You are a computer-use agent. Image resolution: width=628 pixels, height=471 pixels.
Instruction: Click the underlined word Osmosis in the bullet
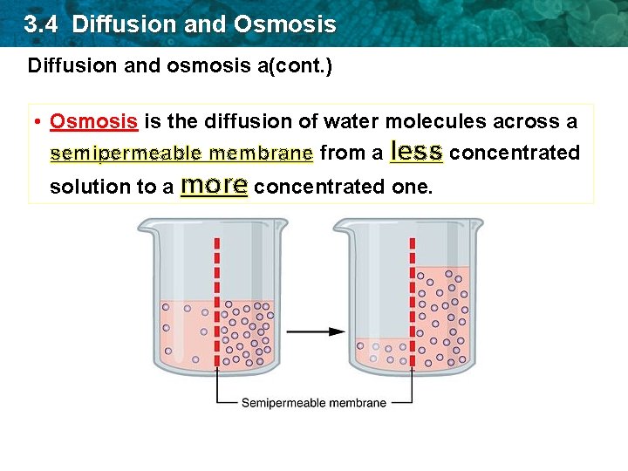[x=93, y=121]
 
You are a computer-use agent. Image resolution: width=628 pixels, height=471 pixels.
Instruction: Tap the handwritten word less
[x=417, y=152]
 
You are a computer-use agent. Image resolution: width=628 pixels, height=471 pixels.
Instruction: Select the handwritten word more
[x=214, y=185]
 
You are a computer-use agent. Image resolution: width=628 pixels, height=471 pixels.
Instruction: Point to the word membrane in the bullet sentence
[x=261, y=154]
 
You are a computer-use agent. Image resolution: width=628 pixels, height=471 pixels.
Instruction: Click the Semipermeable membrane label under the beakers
[x=313, y=403]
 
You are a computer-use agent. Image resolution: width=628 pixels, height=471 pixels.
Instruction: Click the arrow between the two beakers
[x=316, y=331]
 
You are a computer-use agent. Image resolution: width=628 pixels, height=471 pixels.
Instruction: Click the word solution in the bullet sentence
[x=86, y=187]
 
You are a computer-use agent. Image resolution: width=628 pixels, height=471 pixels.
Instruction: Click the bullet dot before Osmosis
[x=39, y=121]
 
